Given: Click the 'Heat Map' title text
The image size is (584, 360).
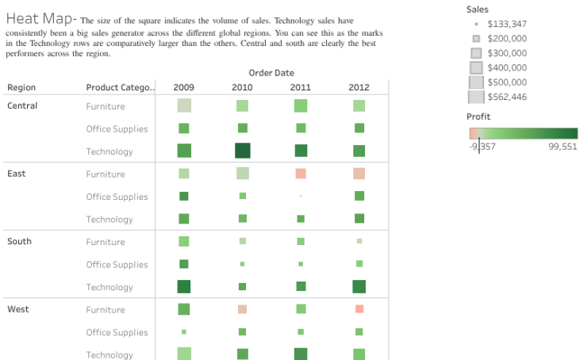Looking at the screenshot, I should point(40,19).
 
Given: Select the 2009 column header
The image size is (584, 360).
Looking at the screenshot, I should point(183,87).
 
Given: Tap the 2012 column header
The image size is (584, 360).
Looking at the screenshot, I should point(359,87).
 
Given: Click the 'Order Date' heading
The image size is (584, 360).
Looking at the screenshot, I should point(271,73).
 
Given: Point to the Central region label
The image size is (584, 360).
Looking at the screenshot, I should point(22,105).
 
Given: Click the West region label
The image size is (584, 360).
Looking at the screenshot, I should point(17,309).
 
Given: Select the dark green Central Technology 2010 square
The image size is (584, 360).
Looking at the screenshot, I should point(242,151).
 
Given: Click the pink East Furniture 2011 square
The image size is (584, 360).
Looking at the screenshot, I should point(301,174).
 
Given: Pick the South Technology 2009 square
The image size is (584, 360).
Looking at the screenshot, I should point(184,286).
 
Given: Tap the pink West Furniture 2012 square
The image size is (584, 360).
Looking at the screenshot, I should point(359,309).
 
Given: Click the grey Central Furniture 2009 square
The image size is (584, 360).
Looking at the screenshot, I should point(184,105).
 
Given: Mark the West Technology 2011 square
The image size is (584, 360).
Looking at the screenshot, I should point(301,354).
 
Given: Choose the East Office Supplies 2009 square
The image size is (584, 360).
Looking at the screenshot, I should point(184,196).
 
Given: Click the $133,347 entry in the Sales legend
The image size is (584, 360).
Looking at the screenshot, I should point(506,24).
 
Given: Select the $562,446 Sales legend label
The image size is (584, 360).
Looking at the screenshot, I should point(506,97).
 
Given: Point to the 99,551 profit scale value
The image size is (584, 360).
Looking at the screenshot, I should point(563,146).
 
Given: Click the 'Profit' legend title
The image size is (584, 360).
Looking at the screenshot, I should point(478,117).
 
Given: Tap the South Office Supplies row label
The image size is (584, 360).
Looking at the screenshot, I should point(117,264).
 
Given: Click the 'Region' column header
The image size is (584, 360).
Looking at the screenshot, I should point(21,87).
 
